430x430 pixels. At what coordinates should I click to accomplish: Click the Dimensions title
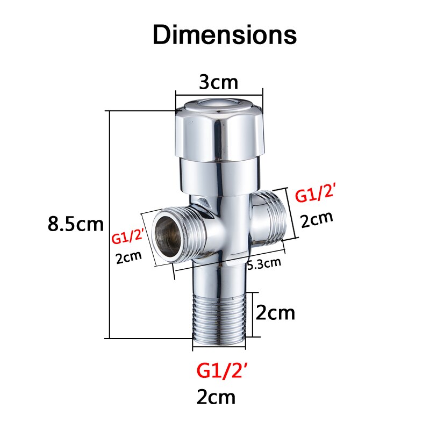(x=224, y=35)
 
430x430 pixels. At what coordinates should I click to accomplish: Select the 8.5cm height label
(x=75, y=224)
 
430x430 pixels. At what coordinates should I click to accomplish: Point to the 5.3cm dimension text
(x=264, y=263)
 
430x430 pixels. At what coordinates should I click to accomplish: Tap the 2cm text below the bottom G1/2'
(x=216, y=397)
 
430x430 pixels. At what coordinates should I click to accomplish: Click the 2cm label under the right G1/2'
(x=317, y=219)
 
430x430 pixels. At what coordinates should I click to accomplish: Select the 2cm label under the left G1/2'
(x=129, y=256)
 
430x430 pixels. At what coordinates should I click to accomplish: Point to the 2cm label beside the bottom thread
(x=275, y=312)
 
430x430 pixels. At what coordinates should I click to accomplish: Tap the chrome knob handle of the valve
(x=221, y=132)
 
